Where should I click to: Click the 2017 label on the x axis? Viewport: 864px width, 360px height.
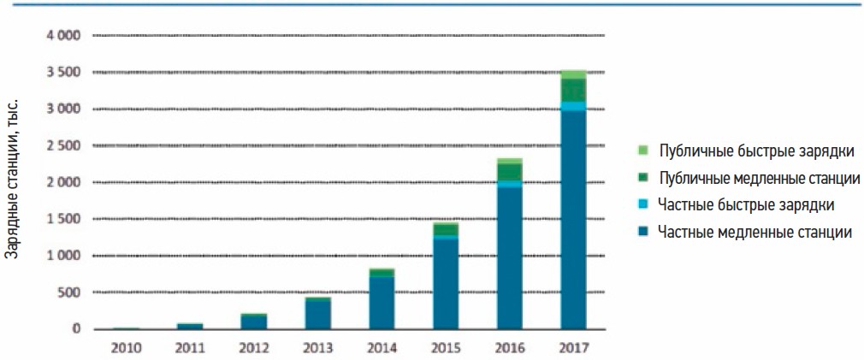(573, 348)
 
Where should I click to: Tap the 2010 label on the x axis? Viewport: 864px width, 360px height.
(126, 348)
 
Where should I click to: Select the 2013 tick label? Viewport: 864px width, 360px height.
(317, 348)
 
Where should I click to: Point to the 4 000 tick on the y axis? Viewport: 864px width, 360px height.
(62, 36)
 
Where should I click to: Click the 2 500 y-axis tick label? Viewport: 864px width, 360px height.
(62, 146)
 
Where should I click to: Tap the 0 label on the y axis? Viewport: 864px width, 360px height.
(75, 329)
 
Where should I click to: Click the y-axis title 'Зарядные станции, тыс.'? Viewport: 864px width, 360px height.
(12, 179)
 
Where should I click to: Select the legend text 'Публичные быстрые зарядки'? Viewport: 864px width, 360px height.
(756, 151)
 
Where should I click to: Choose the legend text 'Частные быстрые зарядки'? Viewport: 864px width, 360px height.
(745, 204)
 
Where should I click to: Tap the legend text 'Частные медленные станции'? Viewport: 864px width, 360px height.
(755, 231)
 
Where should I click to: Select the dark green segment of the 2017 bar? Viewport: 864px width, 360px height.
(573, 90)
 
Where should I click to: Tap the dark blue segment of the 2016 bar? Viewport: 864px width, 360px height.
(509, 257)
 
